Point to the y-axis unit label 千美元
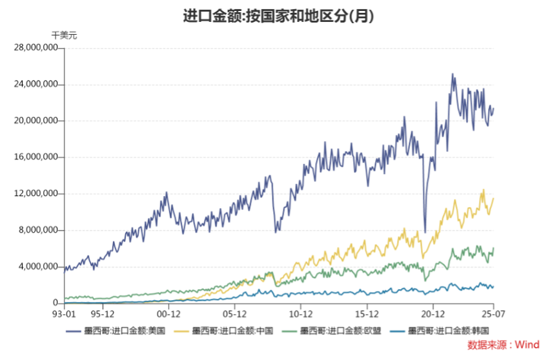pos(64,35)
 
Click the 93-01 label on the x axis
pos(65,314)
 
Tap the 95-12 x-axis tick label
pos(103,314)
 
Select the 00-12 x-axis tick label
pos(168,314)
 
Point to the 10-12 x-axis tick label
pos(301,314)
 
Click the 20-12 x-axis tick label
pos(432,314)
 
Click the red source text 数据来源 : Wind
pos(503,345)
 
